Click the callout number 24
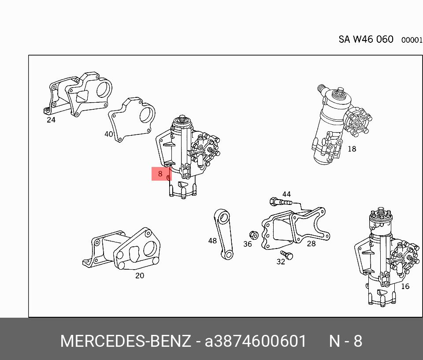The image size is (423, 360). tap(51, 119)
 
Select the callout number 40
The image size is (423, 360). tap(109, 134)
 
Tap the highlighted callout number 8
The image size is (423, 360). tap(160, 174)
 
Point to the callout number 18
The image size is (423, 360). tap(352, 149)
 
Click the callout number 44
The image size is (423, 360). tap(286, 194)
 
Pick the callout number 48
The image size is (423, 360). tap(213, 241)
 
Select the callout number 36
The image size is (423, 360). tap(248, 244)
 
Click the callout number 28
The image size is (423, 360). tap(312, 243)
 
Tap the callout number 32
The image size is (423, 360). tap(281, 262)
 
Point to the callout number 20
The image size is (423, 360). tap(139, 276)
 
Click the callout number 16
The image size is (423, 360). tap(405, 286)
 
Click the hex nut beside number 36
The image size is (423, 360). tap(253, 234)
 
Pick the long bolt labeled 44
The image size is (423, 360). tap(280, 202)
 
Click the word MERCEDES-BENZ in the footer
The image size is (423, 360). tap(126, 341)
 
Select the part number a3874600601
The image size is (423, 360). tap(256, 341)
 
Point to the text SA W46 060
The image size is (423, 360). tap(366, 39)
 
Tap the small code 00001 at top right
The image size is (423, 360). tap(412, 40)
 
